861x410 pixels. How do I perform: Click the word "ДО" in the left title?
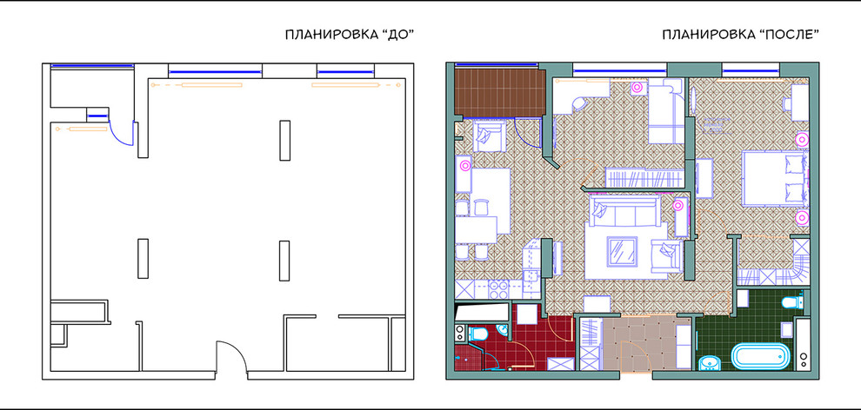pos(393,36)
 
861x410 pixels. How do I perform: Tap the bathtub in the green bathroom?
pos(761,356)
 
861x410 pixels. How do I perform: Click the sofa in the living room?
pos(623,212)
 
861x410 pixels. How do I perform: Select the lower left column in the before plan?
pos(142,257)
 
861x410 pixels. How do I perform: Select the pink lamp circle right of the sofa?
pos(677,206)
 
